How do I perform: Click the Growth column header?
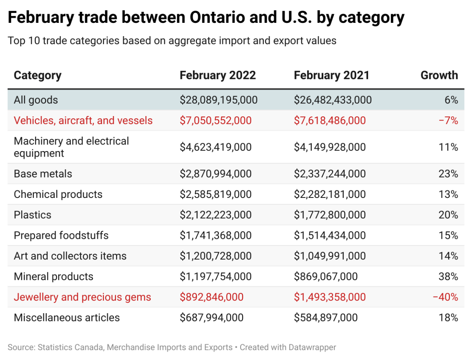[x=439, y=75]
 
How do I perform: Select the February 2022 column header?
[x=218, y=75]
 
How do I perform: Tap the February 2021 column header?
[x=331, y=75]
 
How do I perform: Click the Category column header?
[x=37, y=75]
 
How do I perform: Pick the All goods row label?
[x=36, y=100]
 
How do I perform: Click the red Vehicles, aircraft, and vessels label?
[x=83, y=120]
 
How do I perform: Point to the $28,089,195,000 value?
[x=218, y=100]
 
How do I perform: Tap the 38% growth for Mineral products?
[x=448, y=277]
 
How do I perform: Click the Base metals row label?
[x=43, y=174]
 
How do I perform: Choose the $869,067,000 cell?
[x=326, y=277]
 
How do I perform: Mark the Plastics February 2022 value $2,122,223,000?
[x=215, y=215]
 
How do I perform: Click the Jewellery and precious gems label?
[x=82, y=297]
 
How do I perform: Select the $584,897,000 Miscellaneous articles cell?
[x=326, y=318]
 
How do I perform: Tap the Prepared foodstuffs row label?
[x=61, y=236]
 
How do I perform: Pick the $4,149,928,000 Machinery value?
[x=329, y=147]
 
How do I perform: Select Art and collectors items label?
[x=70, y=256]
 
